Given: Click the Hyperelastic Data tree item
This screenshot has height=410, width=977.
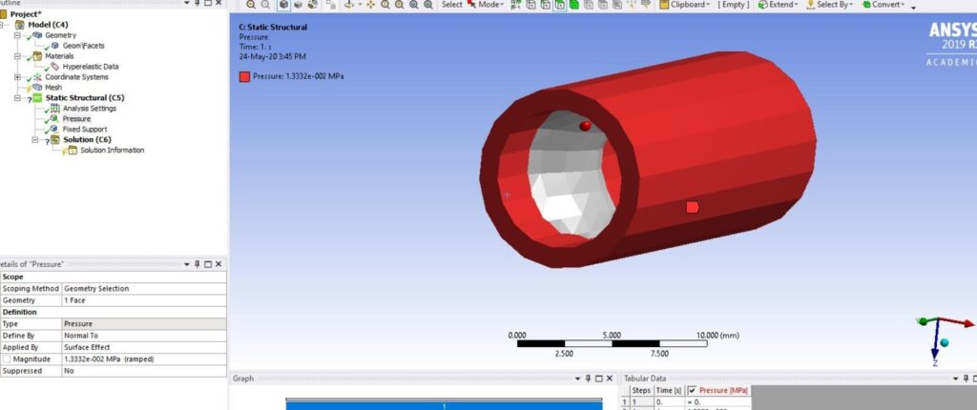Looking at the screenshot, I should tap(91, 66).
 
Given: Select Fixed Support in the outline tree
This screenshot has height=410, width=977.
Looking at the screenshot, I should tap(85, 129).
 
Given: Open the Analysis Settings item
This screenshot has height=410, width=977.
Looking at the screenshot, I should tap(89, 108).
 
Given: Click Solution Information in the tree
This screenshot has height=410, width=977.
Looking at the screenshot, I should tap(112, 150).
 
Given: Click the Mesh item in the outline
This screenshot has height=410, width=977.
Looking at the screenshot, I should tap(53, 87).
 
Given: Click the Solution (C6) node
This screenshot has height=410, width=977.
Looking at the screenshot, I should tap(87, 139).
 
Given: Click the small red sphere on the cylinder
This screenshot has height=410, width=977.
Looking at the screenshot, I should tap(585, 125).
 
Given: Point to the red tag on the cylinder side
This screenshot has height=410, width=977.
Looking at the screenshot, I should tap(693, 206).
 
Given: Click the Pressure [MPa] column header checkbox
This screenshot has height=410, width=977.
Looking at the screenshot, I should tap(692, 391).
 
